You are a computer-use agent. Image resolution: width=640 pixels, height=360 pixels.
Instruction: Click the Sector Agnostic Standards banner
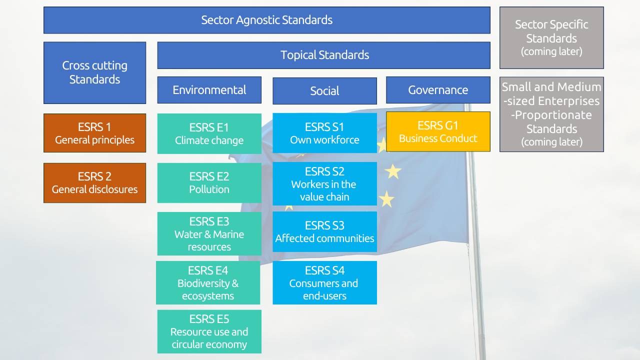266,20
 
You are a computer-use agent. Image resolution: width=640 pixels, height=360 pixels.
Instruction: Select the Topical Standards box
323,55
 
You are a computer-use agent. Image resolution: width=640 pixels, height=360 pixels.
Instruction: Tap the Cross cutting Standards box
94,72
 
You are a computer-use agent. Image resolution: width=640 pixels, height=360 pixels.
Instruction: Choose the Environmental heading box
209,90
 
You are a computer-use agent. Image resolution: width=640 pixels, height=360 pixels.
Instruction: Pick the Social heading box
324,90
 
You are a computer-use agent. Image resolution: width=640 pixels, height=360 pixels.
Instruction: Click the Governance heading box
438,90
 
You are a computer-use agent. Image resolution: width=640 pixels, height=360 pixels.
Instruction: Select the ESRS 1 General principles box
94,133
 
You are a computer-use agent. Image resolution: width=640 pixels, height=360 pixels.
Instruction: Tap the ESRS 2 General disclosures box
94,182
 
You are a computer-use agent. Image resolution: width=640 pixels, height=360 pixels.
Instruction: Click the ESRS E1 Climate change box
209,133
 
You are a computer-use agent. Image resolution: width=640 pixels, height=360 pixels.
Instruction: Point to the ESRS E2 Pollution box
209,182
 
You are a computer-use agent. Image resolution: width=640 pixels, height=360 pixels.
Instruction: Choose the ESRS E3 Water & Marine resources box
209,233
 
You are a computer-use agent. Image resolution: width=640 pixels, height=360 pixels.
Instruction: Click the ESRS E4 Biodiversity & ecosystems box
208,282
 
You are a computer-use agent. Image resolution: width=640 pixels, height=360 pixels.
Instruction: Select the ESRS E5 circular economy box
209,331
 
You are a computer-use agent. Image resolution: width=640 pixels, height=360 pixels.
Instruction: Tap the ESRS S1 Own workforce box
324,133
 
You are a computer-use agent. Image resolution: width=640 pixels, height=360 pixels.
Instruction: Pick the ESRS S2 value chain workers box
324,183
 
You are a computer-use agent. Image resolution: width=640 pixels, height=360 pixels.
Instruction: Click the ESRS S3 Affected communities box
324,231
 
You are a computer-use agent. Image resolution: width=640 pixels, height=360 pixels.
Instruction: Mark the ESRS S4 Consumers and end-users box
324,282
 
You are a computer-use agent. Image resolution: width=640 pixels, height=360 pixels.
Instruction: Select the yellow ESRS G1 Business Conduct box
438,131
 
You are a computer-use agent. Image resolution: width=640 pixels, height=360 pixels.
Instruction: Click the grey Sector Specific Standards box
551,37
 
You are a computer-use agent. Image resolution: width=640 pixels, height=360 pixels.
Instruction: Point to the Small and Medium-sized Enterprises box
551,114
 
